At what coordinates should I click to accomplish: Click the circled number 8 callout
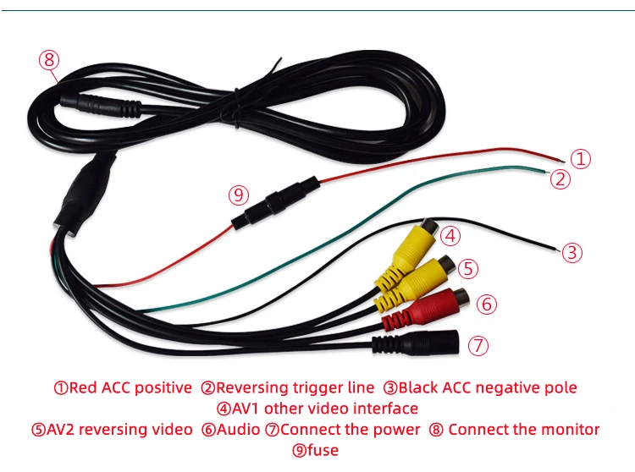(49, 60)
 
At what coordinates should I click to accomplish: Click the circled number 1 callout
(579, 158)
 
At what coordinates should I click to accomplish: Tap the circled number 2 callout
(560, 178)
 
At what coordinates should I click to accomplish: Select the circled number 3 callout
(572, 252)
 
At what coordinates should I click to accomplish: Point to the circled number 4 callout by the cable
(450, 235)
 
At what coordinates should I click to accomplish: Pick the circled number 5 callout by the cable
(469, 268)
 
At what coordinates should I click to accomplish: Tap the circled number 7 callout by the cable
(478, 344)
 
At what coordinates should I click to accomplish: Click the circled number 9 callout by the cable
(239, 195)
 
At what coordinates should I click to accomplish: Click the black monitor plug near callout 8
(97, 107)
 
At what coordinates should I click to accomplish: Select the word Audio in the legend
(240, 429)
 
